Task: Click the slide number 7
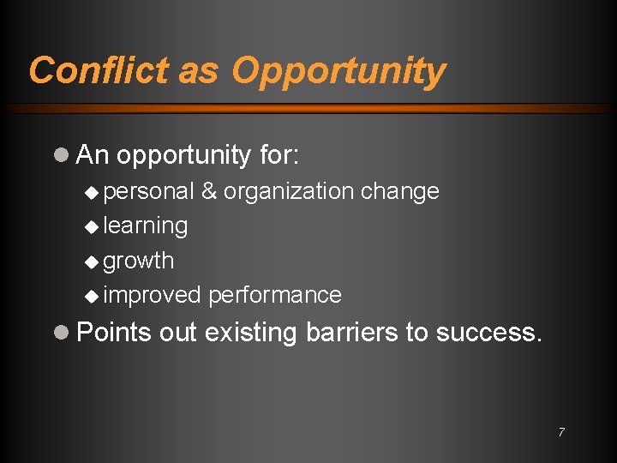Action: [x=561, y=432]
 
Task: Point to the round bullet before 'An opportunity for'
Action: [x=60, y=155]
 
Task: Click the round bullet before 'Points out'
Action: [x=60, y=332]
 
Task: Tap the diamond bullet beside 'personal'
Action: [x=93, y=191]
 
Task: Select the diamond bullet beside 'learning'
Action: [x=93, y=226]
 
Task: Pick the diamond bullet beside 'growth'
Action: [x=93, y=261]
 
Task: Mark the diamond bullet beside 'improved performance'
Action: [x=93, y=296]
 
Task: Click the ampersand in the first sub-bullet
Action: [x=209, y=191]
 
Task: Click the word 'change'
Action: [x=400, y=191]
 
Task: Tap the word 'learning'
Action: [x=145, y=226]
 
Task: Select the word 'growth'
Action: [x=138, y=262]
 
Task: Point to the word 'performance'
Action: [x=275, y=296]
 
